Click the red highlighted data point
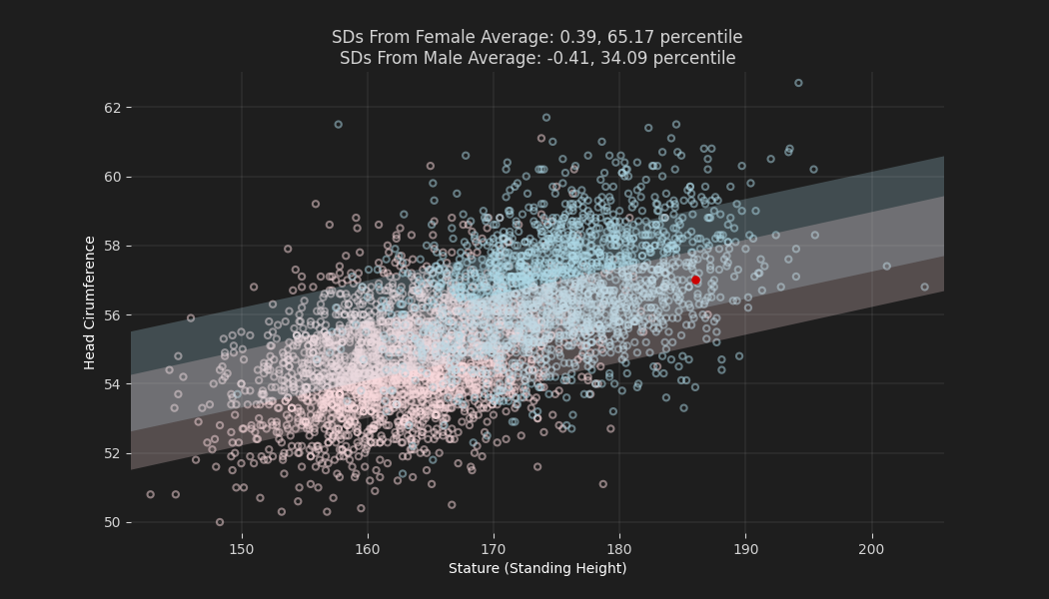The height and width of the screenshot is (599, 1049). coord(695,281)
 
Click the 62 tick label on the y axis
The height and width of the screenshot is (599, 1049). coord(111,107)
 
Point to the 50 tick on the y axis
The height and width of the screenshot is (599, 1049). coord(111,522)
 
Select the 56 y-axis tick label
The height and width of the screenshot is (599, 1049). coord(111,314)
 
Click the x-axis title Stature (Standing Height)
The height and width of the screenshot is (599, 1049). coord(537,569)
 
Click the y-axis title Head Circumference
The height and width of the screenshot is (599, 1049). coord(90,302)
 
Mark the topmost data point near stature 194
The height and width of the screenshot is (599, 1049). coord(798,83)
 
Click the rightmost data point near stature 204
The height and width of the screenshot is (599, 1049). coord(924,287)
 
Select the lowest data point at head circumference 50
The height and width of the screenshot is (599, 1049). coord(220,522)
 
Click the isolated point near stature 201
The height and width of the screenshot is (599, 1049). coord(886,267)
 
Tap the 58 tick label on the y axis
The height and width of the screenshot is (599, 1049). coord(111,246)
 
